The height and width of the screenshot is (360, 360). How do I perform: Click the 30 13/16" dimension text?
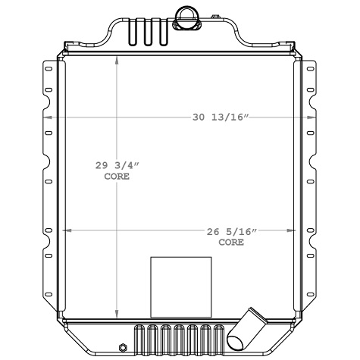coord(220,117)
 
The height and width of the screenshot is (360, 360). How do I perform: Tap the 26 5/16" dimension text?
coord(231,233)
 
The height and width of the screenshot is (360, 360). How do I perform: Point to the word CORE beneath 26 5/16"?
coord(231,243)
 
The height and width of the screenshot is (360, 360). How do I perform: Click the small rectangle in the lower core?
coord(180,282)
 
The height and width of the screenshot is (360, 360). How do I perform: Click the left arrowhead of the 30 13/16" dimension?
coord(47,118)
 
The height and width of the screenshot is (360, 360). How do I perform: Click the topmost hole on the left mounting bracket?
coord(49,70)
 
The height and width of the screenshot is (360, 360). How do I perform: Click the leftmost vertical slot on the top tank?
coord(133,32)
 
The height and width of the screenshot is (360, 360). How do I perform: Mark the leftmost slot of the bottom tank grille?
coord(139,337)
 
